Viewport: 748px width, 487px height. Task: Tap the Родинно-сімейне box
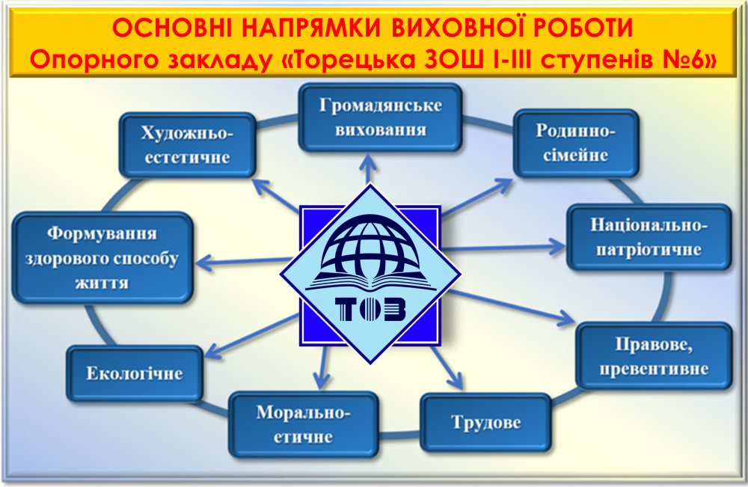pyautogui.click(x=575, y=143)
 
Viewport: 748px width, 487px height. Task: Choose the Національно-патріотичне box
pyautogui.click(x=649, y=237)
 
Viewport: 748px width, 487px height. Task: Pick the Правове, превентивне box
pyautogui.click(x=652, y=357)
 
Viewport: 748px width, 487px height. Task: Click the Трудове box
pyautogui.click(x=485, y=423)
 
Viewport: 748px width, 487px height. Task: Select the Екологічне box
pyautogui.click(x=135, y=373)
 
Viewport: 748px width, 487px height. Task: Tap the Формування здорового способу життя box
pyautogui.click(x=102, y=258)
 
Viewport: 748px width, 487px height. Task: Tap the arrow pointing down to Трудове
pyautogui.click(x=449, y=370)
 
